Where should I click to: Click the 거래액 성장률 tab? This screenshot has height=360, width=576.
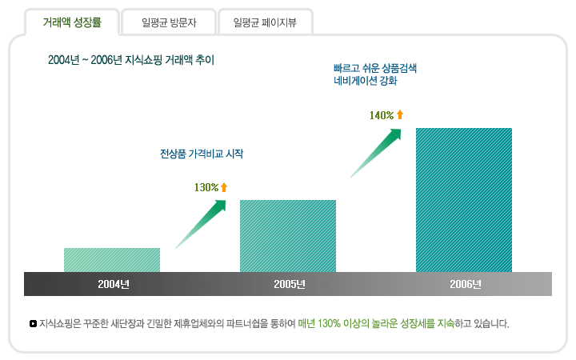click(72, 22)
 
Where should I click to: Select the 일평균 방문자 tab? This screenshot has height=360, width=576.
click(167, 22)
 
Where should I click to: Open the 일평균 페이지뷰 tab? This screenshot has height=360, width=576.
click(265, 22)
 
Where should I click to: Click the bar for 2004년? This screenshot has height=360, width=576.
click(112, 260)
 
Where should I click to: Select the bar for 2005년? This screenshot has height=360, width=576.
click(288, 236)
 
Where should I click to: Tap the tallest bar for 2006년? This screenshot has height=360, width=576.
click(464, 200)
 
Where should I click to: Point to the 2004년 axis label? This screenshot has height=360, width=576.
click(114, 284)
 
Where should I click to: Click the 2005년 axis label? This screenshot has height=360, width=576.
click(290, 284)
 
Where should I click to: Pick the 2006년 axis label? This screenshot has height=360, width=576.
click(466, 284)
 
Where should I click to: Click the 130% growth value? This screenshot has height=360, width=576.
click(206, 187)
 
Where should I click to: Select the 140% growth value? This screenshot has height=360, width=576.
click(382, 115)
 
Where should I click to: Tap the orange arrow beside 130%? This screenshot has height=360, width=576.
click(224, 187)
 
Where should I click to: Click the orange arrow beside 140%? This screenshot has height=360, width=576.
click(400, 115)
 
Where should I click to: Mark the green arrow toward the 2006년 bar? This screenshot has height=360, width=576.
click(376, 151)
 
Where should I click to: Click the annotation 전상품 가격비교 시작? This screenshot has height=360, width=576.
click(202, 152)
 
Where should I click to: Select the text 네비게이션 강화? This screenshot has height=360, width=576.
click(365, 82)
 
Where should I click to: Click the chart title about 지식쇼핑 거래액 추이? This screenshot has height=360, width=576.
click(131, 60)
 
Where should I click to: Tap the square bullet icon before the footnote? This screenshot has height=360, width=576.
click(33, 324)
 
